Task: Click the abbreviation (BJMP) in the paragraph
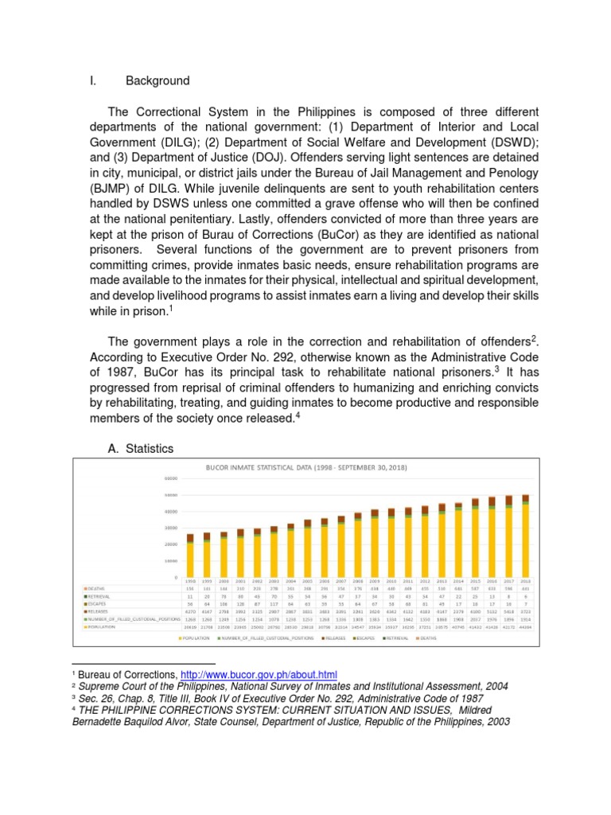tap(119, 188)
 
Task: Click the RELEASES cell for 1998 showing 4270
tap(190, 611)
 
